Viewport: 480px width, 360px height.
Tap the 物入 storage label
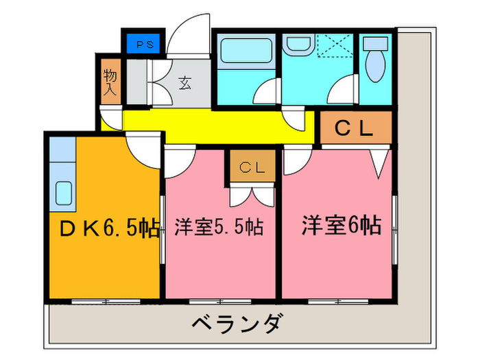pyautogui.click(x=110, y=82)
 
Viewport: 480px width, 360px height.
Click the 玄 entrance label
pyautogui.click(x=185, y=83)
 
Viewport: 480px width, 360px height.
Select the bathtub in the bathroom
pyautogui.click(x=246, y=51)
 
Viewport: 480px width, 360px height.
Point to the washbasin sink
pyautogui.click(x=298, y=45)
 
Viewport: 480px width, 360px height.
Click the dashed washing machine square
pyautogui.click(x=335, y=45)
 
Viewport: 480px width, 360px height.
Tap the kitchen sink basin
pyautogui.click(x=64, y=193)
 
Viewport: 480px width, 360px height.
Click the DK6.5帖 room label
pyautogui.click(x=109, y=228)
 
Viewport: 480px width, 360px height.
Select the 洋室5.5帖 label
pyautogui.click(x=219, y=227)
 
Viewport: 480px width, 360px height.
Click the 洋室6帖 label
pyautogui.click(x=341, y=226)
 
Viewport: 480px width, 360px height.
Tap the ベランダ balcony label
pyautogui.click(x=236, y=323)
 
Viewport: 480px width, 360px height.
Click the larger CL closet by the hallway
pyautogui.click(x=356, y=128)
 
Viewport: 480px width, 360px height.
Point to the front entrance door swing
pyautogui.click(x=189, y=36)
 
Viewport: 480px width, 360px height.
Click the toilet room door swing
pyautogui.click(x=343, y=89)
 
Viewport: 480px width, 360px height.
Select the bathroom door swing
pyautogui.click(x=267, y=91)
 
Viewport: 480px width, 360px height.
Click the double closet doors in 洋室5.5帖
pyautogui.click(x=252, y=195)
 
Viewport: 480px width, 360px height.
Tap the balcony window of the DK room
pyautogui.click(x=106, y=302)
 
